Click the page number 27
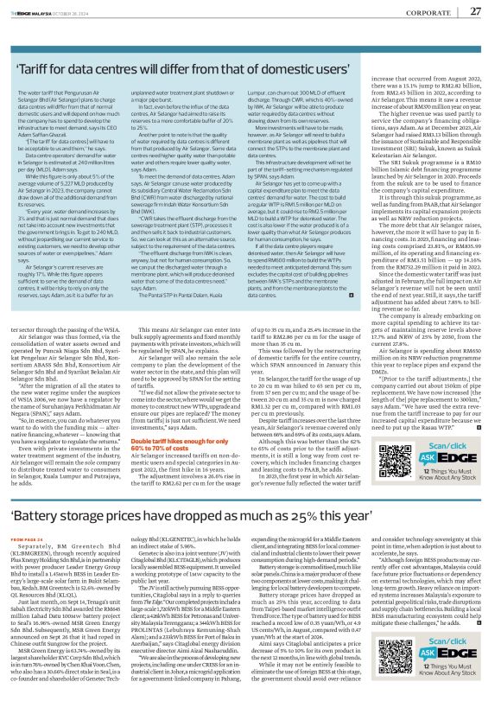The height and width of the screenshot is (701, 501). [474, 10]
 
